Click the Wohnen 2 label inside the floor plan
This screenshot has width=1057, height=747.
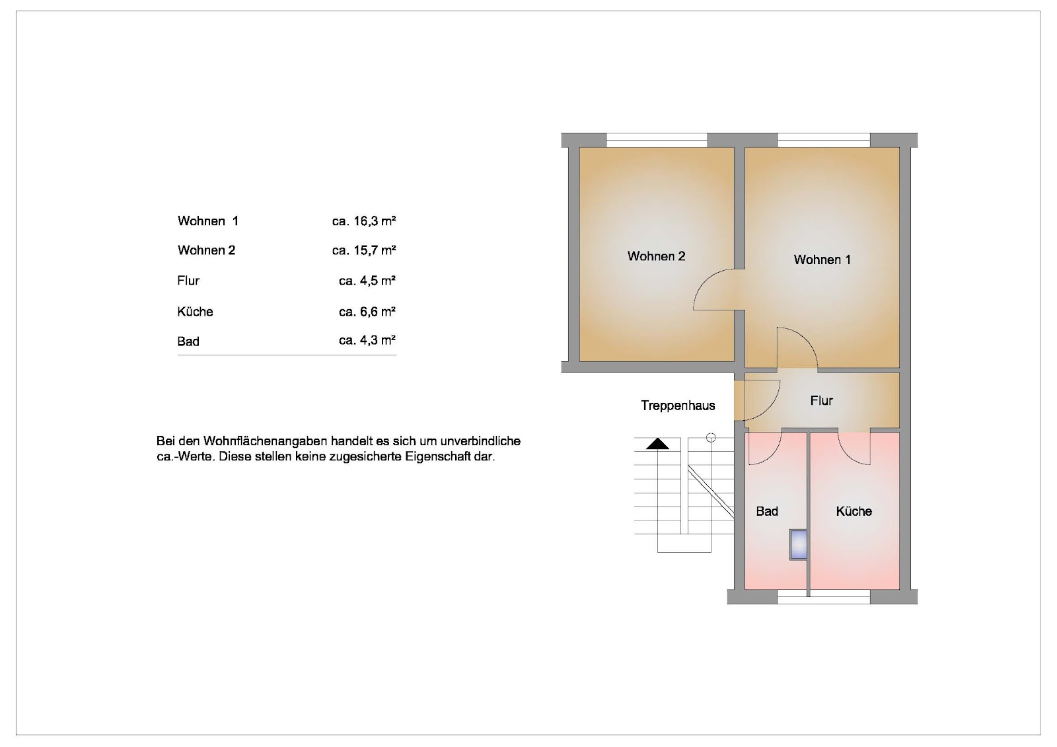(x=656, y=256)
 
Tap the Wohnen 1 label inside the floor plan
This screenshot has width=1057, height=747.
(x=822, y=260)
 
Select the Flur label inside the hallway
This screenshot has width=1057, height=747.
(x=822, y=401)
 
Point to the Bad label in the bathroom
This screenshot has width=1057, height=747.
(x=767, y=511)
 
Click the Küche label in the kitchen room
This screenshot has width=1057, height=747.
(x=854, y=511)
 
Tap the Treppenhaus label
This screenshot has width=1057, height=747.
(x=678, y=406)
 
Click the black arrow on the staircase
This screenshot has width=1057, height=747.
(x=657, y=444)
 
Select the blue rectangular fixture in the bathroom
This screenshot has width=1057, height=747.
(x=799, y=544)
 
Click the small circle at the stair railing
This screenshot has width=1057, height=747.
(x=711, y=438)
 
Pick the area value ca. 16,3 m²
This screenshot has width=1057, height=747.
(x=364, y=221)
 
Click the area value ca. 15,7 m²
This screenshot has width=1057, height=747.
(x=364, y=250)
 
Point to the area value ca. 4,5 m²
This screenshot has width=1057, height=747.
(x=367, y=281)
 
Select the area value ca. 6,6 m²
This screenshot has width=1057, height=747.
(x=367, y=312)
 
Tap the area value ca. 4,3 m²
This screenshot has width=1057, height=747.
(x=367, y=340)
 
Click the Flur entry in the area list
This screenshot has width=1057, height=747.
(x=188, y=281)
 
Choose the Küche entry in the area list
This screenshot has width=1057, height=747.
(x=195, y=312)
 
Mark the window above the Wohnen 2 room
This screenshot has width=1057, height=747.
(x=657, y=140)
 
